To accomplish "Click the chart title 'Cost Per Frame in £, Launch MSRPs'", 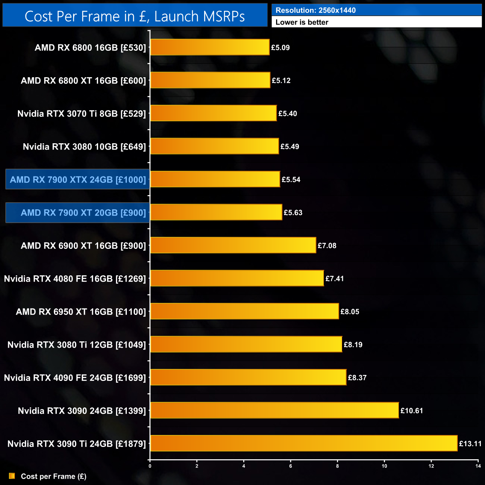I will point(135,16).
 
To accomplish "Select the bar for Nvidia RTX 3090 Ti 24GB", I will point(304,443).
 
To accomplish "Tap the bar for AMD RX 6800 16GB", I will point(210,47).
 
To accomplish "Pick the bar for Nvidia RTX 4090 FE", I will point(248,377).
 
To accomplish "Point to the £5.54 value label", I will point(291,179).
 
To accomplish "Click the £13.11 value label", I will point(470,444).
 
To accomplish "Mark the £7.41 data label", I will point(335,279).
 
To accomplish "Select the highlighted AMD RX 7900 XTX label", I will point(78,179).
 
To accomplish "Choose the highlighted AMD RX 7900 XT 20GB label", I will point(78,213).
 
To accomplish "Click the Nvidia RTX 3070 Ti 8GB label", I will point(82,113).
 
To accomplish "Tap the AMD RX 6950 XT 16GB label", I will point(81,312).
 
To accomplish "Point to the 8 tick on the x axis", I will point(338,466).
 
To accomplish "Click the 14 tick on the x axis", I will point(478,466).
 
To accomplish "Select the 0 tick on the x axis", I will point(150,466).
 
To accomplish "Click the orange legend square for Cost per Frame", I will point(12,476).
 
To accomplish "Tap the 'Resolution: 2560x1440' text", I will point(316,10).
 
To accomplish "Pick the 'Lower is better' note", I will point(302,22).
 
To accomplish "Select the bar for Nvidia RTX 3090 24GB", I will point(274,410).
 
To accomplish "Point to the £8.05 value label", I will point(350,312).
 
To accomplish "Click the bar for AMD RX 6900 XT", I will point(233,245).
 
